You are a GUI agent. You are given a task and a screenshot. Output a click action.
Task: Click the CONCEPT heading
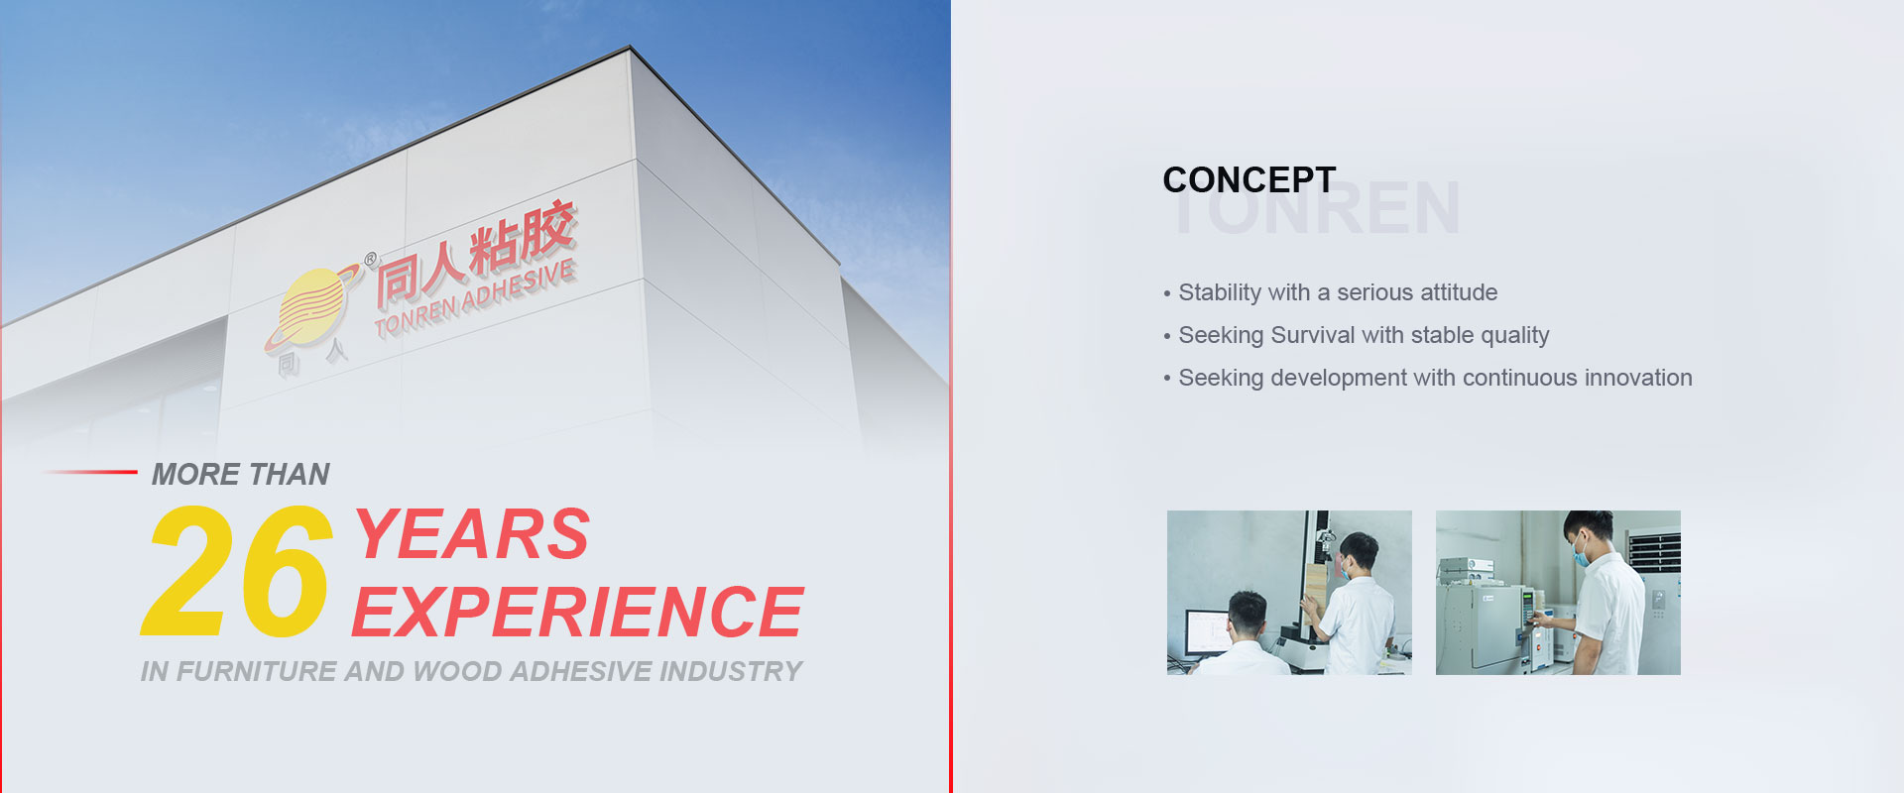[1249, 179]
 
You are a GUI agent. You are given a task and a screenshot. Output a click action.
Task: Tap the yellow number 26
[236, 571]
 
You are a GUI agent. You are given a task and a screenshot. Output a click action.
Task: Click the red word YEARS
[472, 533]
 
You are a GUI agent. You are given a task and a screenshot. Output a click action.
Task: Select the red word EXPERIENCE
[577, 611]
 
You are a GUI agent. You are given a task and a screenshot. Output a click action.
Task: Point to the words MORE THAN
[240, 474]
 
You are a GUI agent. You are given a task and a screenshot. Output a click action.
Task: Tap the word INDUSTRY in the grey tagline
[731, 671]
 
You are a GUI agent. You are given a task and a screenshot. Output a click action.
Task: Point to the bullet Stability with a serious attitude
[1331, 292]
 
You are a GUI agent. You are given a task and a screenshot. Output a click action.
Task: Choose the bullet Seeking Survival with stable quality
[1357, 335]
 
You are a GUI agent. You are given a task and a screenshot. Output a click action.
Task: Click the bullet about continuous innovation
[1428, 378]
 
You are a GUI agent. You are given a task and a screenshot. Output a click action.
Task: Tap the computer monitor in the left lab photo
[1208, 631]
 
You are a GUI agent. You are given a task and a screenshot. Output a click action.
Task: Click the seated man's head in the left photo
[1247, 614]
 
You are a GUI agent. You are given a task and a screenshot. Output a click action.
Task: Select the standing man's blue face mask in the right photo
[1582, 552]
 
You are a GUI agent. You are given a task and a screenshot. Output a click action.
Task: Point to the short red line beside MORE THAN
[89, 472]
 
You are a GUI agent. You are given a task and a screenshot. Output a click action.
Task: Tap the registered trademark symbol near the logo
[371, 260]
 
